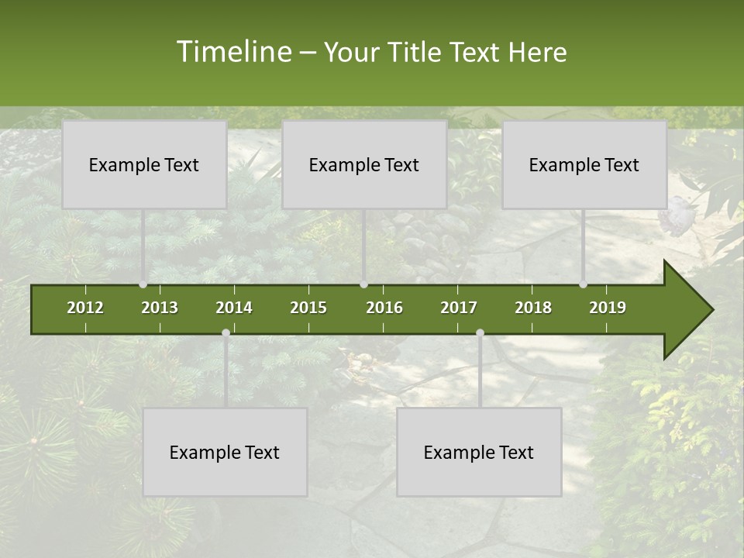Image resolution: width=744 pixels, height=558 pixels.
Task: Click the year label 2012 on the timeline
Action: pos(85,308)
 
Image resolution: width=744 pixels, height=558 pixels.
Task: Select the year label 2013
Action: pos(160,308)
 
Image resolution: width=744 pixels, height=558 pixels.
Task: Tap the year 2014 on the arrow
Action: pos(234,308)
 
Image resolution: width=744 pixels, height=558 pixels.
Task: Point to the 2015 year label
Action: pos(308,308)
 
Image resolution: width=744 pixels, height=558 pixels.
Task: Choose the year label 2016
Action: pos(384,308)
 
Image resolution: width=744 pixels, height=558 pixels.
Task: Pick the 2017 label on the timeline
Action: pos(459,308)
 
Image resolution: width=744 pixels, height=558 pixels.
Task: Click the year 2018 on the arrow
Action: pos(533,308)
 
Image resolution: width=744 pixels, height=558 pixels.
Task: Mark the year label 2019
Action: pos(608,308)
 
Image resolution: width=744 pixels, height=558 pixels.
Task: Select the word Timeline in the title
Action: pos(232,52)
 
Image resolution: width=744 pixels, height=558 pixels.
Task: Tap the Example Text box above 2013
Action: pos(144,164)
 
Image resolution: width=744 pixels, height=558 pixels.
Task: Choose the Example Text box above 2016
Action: pos(364,164)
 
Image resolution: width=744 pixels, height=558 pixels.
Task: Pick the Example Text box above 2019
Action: pos(584,164)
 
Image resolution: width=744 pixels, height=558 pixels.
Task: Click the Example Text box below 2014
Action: pos(225,452)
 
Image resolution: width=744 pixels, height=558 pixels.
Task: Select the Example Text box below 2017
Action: pos(479,452)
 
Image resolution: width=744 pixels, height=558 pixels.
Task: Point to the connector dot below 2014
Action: pos(226,333)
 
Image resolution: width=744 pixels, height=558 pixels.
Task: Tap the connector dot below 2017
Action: pos(480,333)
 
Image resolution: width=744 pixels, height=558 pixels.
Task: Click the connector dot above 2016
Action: pos(364,284)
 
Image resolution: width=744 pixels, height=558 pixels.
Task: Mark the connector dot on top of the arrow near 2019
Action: pos(584,284)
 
